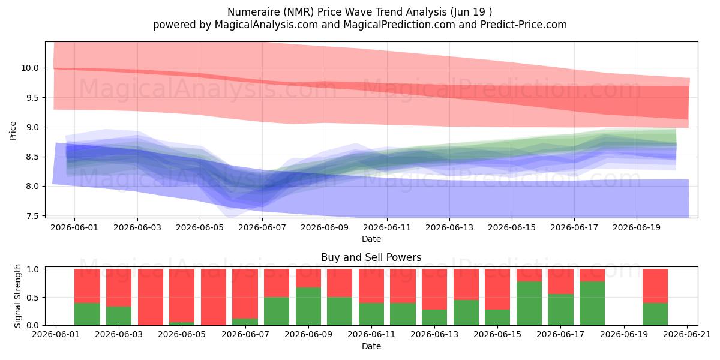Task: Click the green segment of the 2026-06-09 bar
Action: point(308,306)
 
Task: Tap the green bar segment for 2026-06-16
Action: point(529,303)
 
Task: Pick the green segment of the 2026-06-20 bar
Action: point(655,314)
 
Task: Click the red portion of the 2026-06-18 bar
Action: point(592,275)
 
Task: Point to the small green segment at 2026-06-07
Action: point(245,322)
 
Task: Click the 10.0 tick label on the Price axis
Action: point(30,68)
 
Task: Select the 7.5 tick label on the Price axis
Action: point(32,216)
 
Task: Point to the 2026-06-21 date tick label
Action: point(687,334)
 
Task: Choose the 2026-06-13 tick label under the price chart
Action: point(449,227)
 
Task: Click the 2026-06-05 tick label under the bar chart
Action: point(182,334)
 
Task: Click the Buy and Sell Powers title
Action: point(371,257)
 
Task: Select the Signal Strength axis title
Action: point(17,296)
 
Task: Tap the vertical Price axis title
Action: point(13,131)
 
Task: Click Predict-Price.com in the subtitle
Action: point(524,25)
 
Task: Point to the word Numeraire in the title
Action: point(254,12)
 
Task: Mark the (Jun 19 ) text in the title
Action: point(471,12)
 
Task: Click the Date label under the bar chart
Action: point(371,346)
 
